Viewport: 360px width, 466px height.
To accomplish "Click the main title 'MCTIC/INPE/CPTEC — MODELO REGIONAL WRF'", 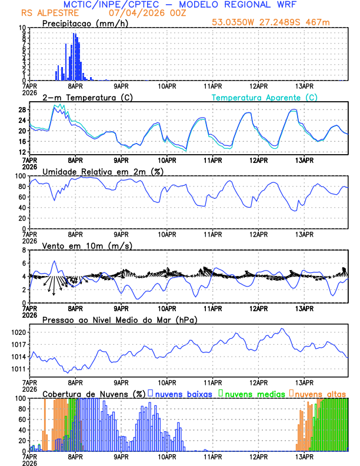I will tap(179, 5).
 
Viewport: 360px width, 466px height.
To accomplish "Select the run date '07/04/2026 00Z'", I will tap(142, 13).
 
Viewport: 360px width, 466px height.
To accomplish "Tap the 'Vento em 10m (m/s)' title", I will tap(79, 245).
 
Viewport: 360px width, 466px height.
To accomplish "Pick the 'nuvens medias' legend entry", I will tap(252, 394).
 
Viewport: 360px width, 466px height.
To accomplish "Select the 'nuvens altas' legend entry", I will tap(321, 394).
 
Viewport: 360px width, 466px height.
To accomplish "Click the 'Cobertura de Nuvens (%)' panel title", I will tap(94, 394).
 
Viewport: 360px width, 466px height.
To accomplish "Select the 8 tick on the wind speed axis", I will tap(25, 250).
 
